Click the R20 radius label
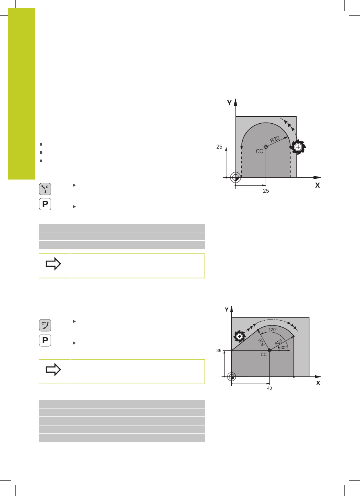click(x=275, y=139)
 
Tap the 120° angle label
click(x=273, y=330)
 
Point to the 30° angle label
click(x=283, y=347)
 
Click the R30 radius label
click(x=278, y=342)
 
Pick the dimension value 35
click(x=218, y=350)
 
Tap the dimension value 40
click(x=269, y=388)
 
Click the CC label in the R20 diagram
click(x=259, y=152)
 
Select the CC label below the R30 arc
click(x=264, y=354)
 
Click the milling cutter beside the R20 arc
click(x=298, y=147)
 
